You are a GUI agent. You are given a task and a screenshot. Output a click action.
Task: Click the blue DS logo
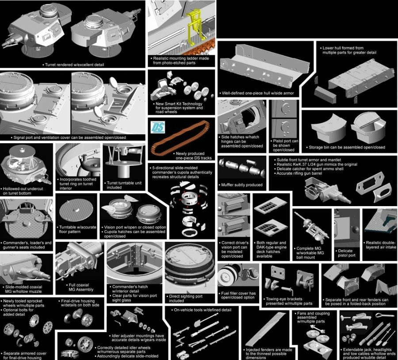(158, 127)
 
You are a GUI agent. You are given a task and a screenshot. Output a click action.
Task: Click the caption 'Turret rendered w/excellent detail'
(73, 65)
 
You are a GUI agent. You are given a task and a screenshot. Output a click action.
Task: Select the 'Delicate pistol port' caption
(345, 253)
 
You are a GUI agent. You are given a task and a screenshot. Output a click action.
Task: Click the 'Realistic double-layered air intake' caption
(380, 245)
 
